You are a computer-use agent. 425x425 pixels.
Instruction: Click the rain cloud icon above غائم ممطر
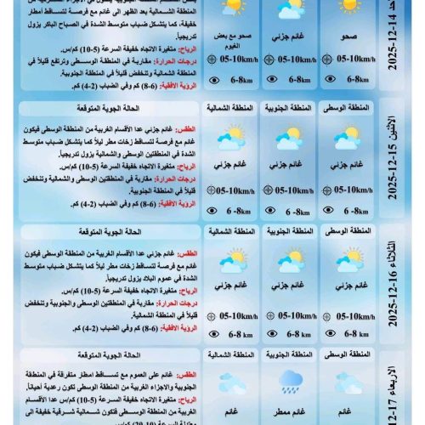287,380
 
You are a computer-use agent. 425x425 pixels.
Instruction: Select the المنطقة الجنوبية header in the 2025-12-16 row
287,231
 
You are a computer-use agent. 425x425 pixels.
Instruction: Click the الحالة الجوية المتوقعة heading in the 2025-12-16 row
136,231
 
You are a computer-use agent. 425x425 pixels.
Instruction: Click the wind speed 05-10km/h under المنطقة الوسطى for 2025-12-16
352,314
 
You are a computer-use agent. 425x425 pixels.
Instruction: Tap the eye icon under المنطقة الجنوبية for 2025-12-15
270,212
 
